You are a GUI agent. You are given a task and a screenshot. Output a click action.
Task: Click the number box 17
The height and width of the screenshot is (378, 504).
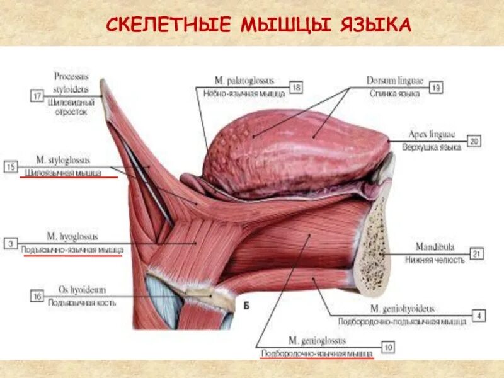pos(37,96)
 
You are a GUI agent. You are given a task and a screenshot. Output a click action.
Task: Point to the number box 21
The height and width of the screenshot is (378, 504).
pos(477,254)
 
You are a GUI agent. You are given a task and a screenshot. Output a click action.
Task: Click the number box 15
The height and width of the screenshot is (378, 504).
pos(11,167)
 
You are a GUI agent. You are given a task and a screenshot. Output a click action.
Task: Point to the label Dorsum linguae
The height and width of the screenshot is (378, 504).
pos(395,81)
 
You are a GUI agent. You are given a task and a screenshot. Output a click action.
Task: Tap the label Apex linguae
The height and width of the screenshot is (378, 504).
pos(432,135)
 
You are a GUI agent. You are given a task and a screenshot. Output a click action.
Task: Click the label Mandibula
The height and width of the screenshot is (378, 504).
pos(434,248)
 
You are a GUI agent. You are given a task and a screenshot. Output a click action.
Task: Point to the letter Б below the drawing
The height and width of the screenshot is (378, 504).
pos(246,306)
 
